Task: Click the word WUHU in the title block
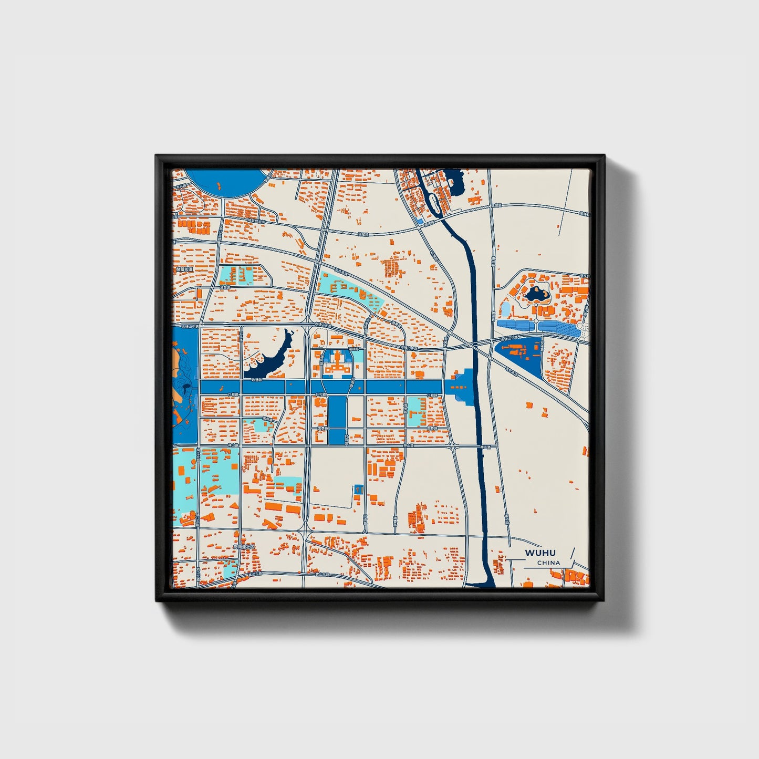[x=540, y=553]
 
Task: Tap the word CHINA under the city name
[x=548, y=563]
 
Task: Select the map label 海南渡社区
[x=244, y=547]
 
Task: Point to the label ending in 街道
[x=185, y=269]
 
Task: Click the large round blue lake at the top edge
[x=225, y=182]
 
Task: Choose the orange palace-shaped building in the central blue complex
[x=336, y=366]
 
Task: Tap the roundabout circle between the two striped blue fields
[x=536, y=320]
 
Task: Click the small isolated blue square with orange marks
[x=359, y=489]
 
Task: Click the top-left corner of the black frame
[x=157, y=156]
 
